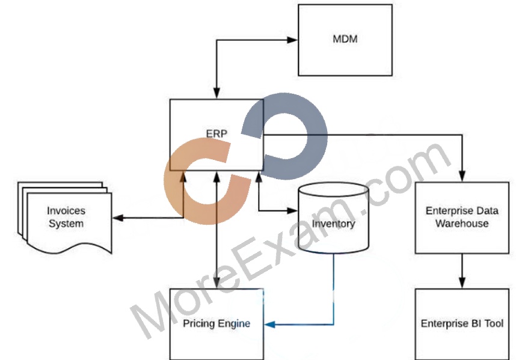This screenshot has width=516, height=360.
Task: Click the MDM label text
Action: (345, 39)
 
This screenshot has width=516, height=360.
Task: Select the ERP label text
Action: (217, 133)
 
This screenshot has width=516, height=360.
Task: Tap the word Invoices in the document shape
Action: (66, 211)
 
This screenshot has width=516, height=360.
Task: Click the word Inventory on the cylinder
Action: (333, 224)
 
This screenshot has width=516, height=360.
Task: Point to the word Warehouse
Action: (462, 224)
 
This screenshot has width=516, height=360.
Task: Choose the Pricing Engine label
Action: (217, 323)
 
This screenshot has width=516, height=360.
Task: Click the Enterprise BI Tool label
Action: (462, 323)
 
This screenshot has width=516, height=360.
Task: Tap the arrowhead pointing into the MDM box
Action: (292, 40)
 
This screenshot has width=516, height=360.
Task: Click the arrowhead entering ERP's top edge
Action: (217, 93)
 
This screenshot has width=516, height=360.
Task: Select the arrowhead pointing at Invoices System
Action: (118, 218)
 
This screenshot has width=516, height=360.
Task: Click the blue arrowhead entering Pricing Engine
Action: (269, 325)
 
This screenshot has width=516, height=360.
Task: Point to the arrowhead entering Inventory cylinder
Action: (292, 211)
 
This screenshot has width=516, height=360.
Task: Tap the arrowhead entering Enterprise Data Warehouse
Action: (462, 176)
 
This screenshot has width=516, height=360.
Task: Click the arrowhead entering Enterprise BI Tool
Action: (462, 283)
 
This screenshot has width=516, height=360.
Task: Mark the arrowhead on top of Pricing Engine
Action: (217, 283)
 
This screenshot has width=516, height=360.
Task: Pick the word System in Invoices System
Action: (66, 224)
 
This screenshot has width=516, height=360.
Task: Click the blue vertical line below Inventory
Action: (334, 289)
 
